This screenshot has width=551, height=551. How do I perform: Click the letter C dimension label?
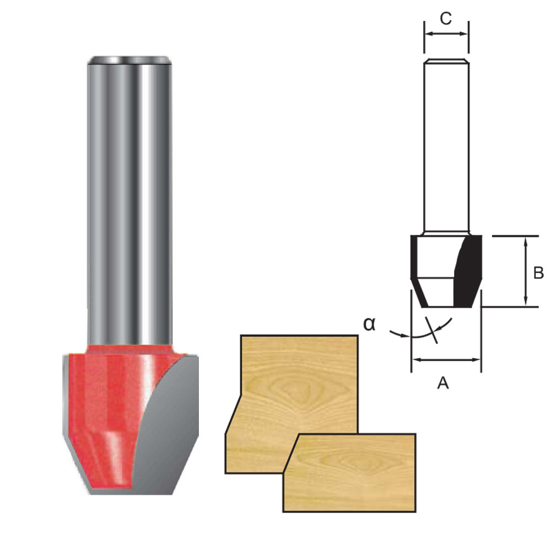click(x=446, y=18)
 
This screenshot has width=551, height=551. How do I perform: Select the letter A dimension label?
click(x=443, y=382)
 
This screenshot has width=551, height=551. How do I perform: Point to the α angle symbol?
click(x=369, y=324)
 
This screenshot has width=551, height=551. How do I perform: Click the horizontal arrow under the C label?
click(x=446, y=34)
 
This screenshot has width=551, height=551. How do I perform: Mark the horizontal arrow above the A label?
click(x=446, y=360)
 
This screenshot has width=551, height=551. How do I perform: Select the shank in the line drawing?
click(x=446, y=143)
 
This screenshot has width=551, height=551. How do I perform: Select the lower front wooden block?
click(x=353, y=474)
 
